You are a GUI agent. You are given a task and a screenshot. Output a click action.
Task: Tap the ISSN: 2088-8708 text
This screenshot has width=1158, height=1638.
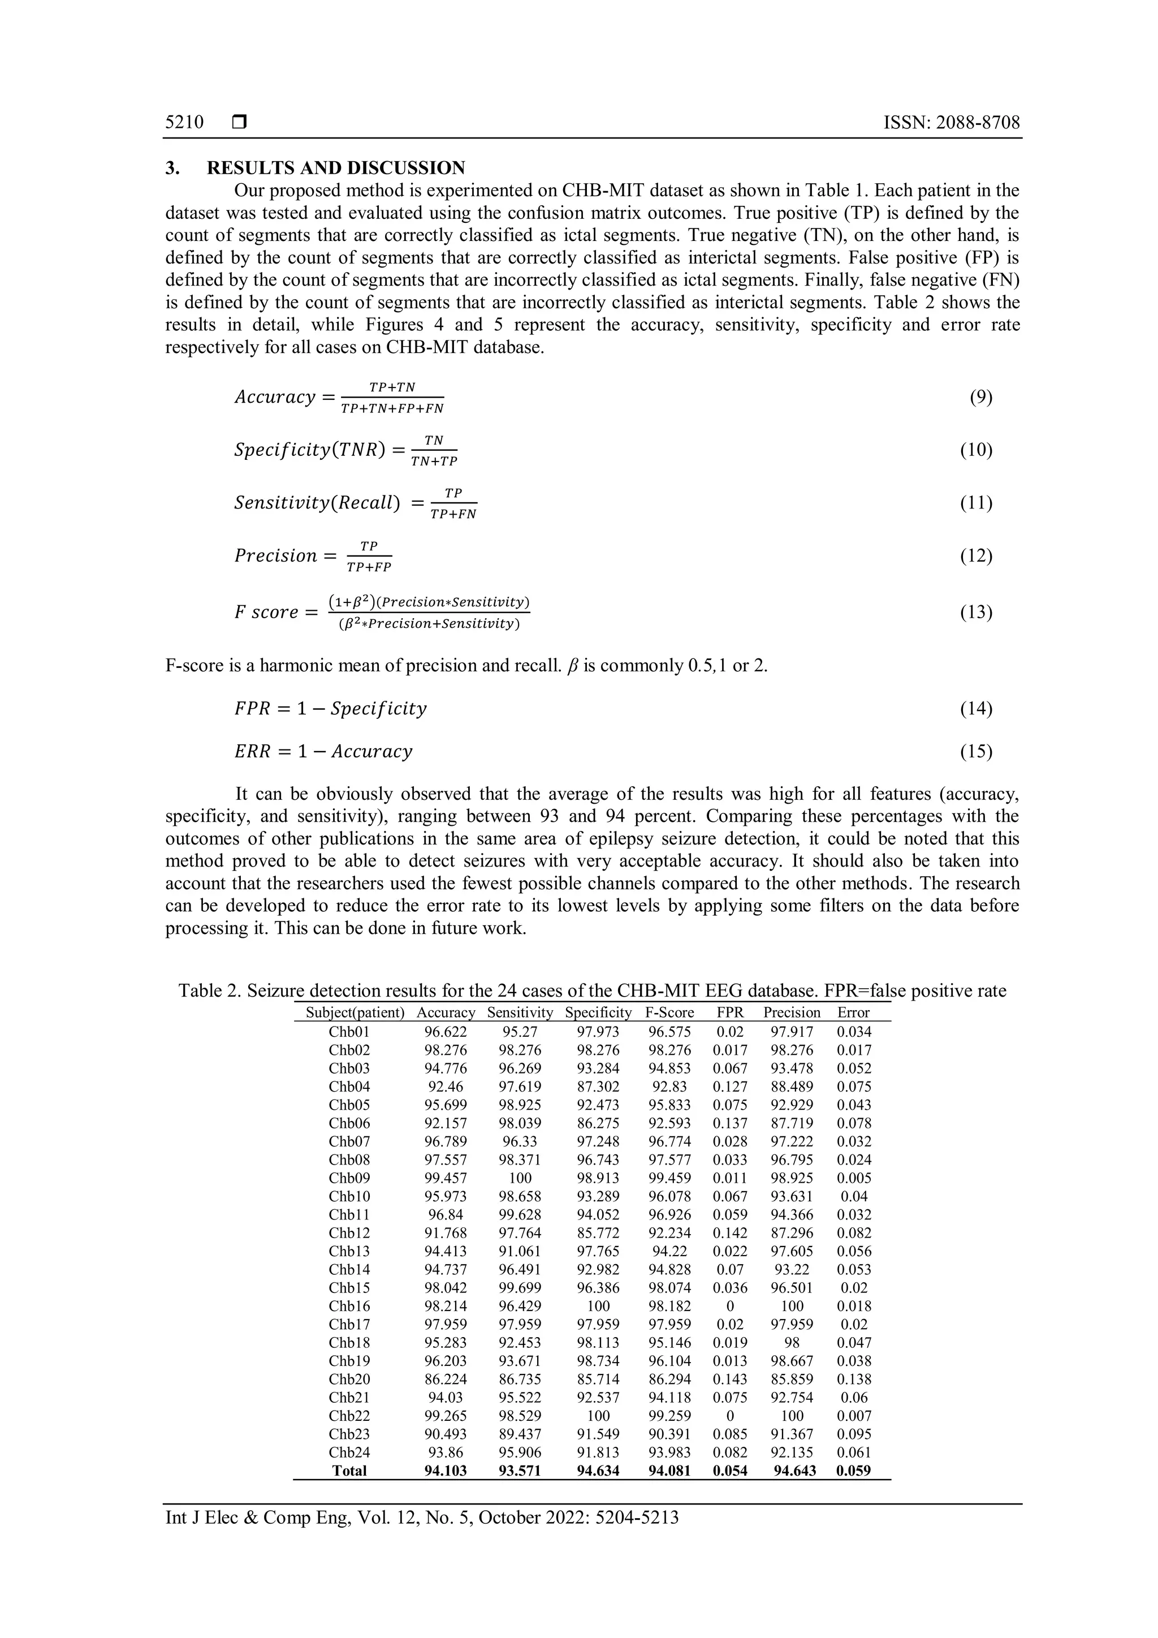point(951,122)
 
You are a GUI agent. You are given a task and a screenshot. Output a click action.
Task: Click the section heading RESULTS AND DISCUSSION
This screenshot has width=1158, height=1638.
point(335,169)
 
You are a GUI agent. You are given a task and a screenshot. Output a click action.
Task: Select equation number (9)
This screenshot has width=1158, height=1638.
point(980,398)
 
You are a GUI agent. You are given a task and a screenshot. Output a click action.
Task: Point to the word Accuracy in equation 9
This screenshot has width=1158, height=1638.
point(275,398)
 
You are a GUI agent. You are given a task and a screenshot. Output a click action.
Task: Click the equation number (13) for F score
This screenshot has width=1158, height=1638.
point(976,612)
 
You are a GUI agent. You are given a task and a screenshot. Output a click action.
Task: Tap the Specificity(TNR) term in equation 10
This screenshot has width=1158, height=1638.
point(309,450)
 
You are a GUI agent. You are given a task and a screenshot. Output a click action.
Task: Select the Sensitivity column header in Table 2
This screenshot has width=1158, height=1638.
point(520,1012)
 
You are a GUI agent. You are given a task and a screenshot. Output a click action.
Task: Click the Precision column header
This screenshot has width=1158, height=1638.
point(792,1012)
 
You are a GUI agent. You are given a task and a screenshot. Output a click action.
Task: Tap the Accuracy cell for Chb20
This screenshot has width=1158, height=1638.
point(446,1379)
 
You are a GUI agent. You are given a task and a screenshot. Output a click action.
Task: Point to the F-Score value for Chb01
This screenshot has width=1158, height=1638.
point(669,1032)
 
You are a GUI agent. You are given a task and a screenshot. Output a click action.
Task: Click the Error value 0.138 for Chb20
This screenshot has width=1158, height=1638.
point(854,1379)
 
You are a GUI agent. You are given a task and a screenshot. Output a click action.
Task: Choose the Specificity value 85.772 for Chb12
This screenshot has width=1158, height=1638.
point(598,1233)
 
